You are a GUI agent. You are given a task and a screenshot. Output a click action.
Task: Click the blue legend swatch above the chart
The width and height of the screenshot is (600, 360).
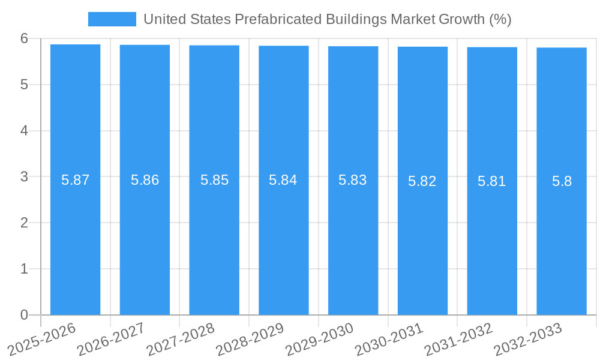coord(112,19)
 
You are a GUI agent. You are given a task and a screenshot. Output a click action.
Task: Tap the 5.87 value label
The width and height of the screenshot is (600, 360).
coord(75,180)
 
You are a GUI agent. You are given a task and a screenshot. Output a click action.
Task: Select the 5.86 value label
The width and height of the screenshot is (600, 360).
coord(145,180)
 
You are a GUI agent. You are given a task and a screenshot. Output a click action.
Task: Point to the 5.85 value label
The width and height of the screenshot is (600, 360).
coord(214,180)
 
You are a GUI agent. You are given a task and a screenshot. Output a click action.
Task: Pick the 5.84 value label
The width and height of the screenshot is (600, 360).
coord(283,180)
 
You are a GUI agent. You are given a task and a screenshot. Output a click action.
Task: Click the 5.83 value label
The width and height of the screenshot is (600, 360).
coord(353,180)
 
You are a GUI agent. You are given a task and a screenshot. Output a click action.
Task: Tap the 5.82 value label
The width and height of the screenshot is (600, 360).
coord(422,181)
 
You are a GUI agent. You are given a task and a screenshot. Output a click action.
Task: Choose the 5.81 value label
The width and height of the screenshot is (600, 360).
coord(492,181)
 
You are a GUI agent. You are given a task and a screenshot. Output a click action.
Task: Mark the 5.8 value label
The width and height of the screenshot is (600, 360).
coord(562,181)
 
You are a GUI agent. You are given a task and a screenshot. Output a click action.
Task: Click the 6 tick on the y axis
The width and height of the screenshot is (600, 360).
coord(24,38)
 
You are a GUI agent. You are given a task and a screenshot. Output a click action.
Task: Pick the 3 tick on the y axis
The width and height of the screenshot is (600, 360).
coord(24,177)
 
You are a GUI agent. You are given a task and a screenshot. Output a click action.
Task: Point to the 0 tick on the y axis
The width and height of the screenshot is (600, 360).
coord(24,315)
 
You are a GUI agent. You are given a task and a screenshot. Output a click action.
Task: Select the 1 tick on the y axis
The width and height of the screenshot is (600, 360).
coord(24,269)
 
